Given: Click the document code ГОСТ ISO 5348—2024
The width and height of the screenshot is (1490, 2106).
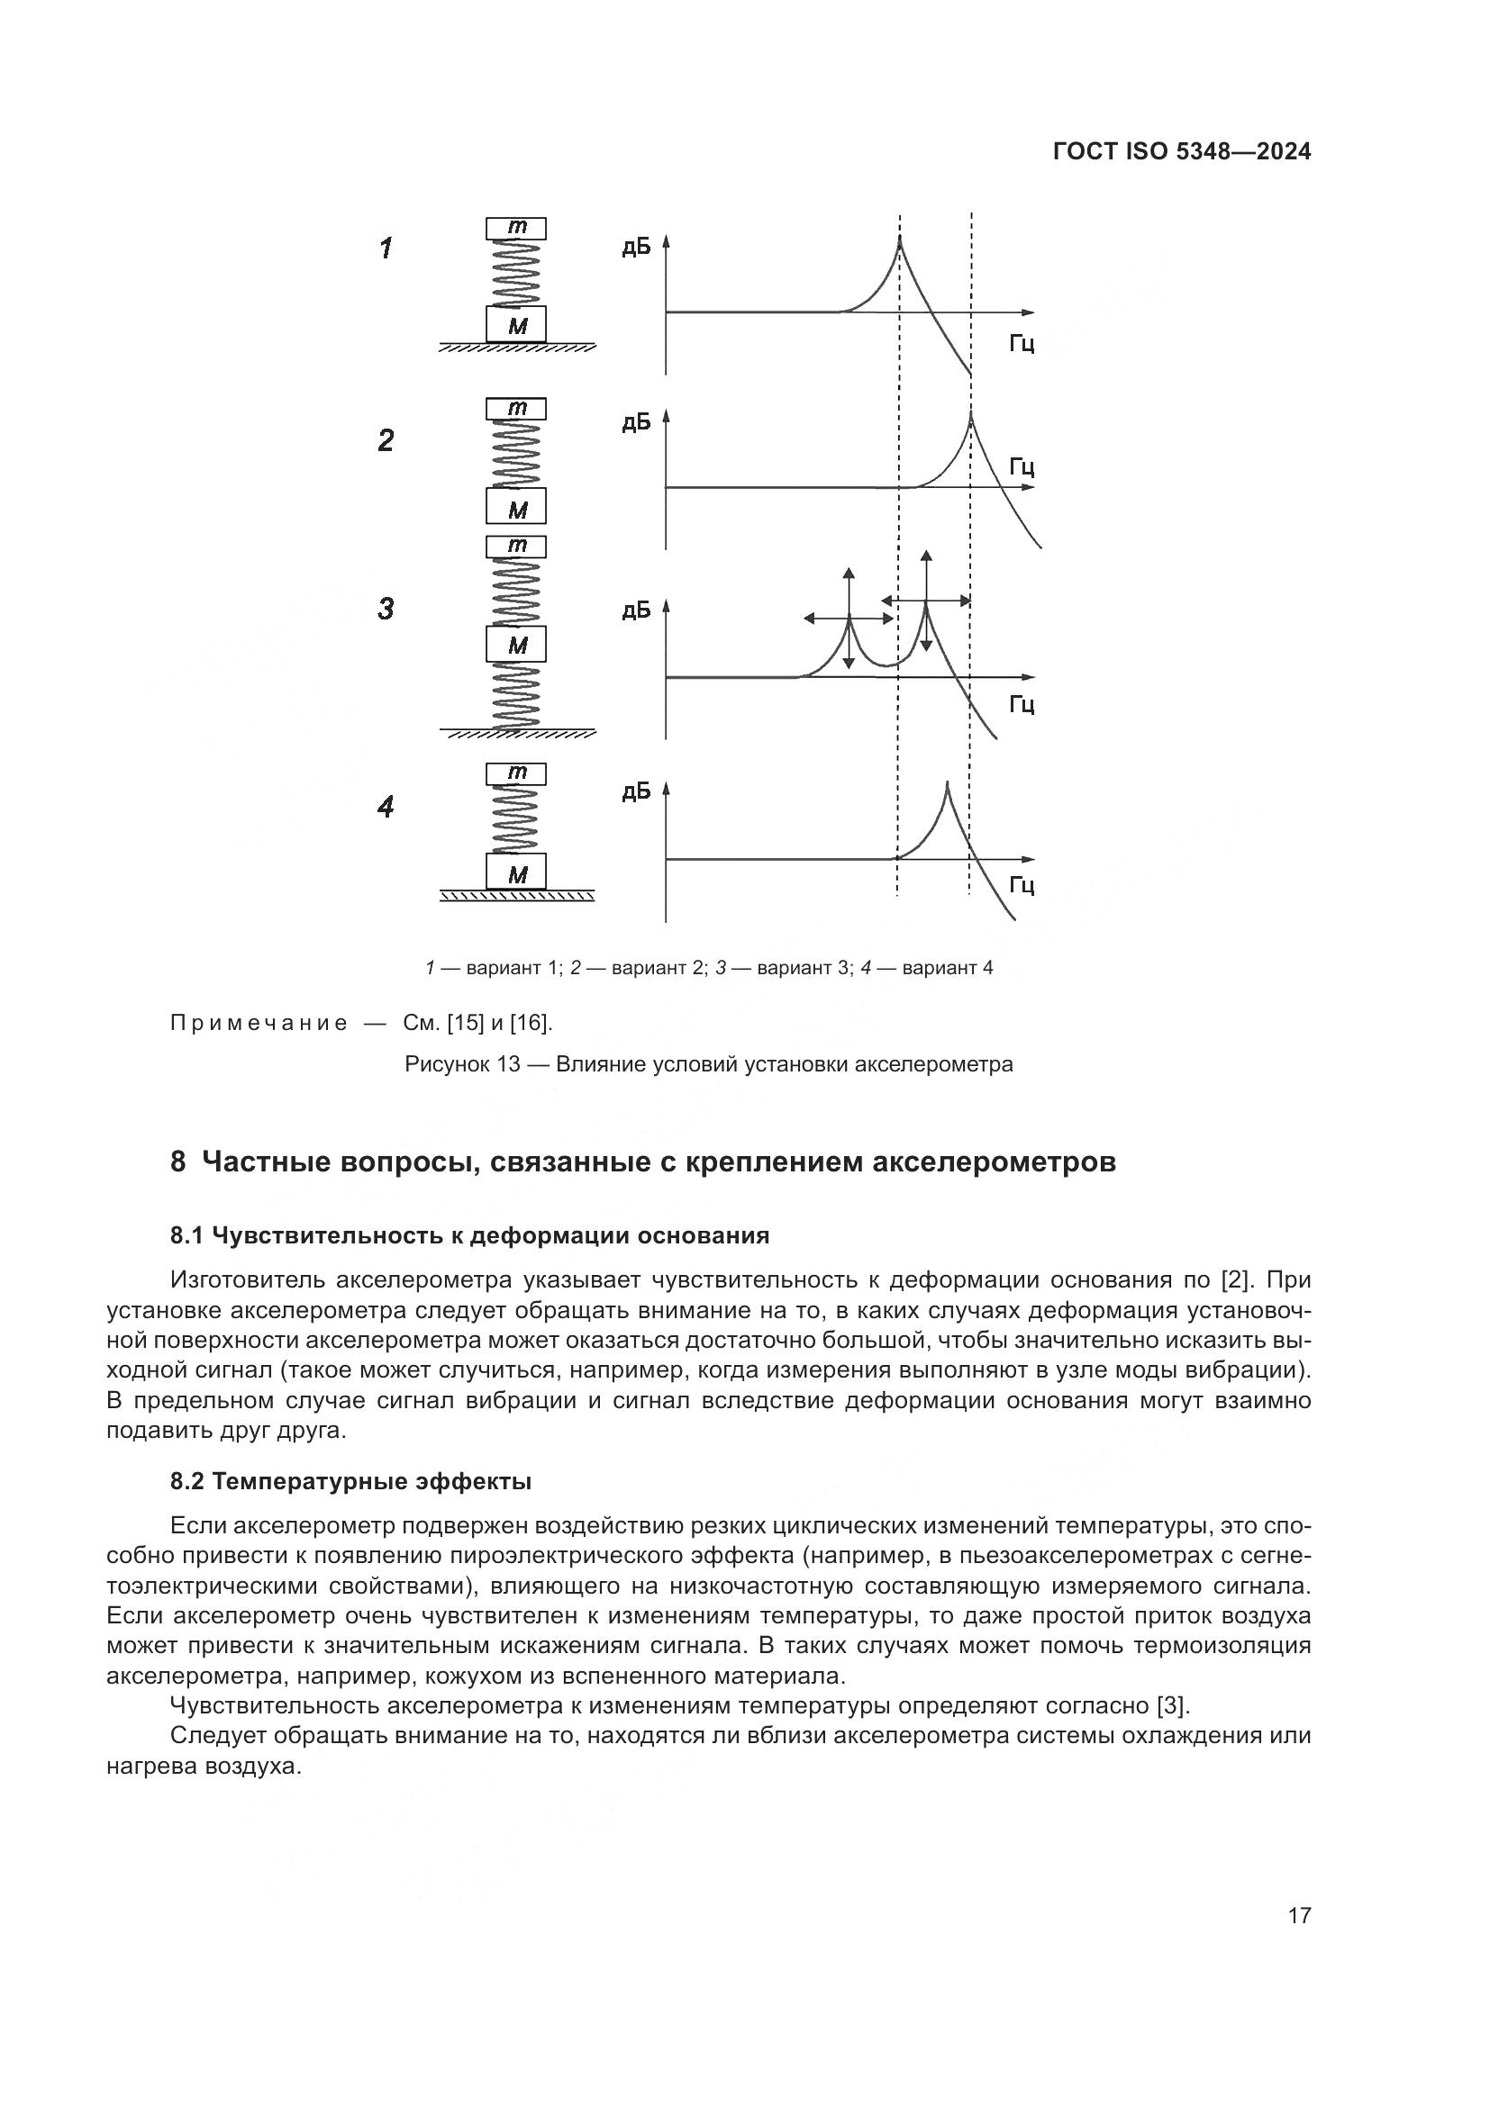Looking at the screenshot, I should pos(1182,152).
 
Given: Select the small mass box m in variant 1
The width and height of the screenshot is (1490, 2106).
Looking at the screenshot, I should pos(515,228).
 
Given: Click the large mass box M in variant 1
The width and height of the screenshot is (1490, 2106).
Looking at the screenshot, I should pos(515,324).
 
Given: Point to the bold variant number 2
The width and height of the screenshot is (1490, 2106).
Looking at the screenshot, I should pos(386,440).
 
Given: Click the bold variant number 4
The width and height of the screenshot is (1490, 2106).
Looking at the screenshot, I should pos(386,807).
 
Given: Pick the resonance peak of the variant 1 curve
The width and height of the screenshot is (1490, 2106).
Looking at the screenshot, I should pos(899,239).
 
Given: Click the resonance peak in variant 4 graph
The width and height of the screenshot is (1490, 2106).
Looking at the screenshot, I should pos(947,783).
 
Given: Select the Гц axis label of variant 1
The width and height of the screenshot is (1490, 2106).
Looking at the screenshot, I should pos(1022,344).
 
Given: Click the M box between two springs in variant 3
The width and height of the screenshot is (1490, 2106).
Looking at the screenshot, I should pos(515,644).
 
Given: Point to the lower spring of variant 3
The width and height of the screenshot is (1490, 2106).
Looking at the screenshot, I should pos(515,696).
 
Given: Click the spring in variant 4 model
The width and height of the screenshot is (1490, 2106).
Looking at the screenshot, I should pos(515,819).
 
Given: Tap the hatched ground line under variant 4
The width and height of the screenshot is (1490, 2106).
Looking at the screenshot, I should pos(516,895).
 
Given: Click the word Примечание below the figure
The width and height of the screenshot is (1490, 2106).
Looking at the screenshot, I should pos(259,1024).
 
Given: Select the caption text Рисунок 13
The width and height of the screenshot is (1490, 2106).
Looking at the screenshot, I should pos(462,1064).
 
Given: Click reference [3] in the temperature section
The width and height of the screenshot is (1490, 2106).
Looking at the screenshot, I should pos(1173,1706).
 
